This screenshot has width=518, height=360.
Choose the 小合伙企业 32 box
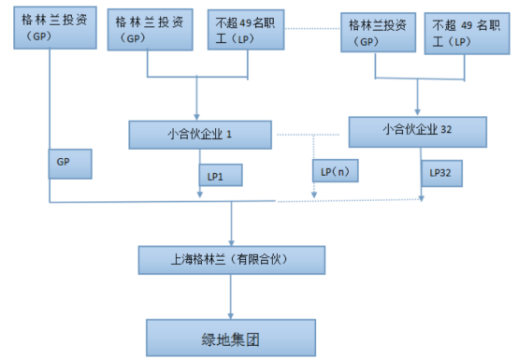(419, 131)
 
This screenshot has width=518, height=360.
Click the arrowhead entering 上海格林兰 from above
(230, 241)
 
